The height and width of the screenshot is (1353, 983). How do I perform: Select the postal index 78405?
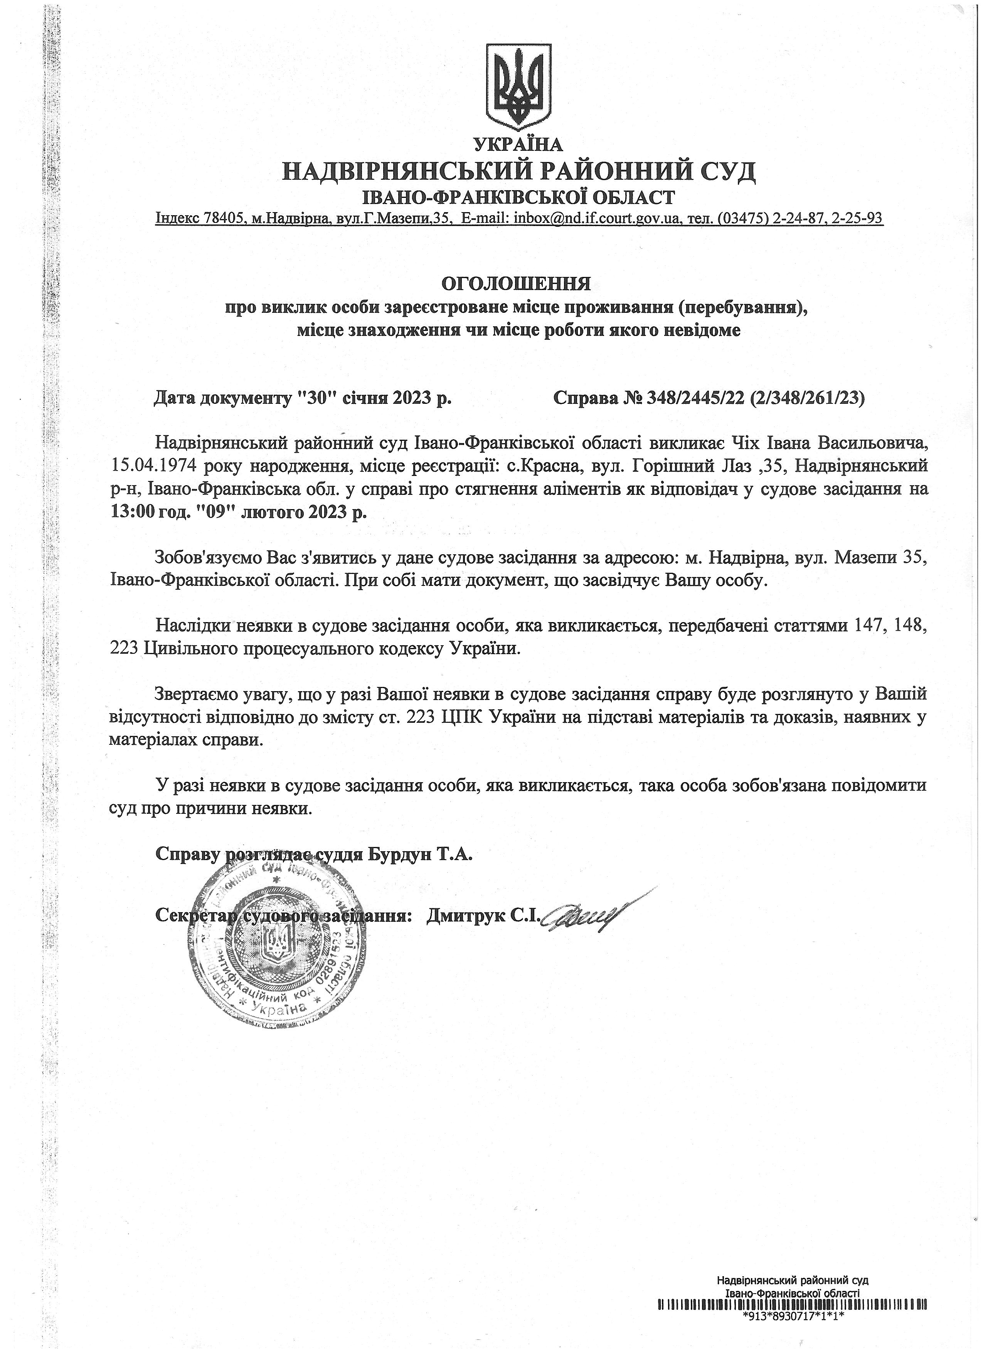tap(224, 218)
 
